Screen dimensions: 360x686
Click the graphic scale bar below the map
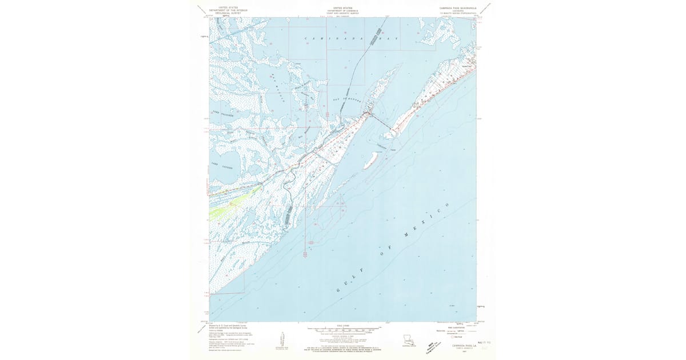[343, 330]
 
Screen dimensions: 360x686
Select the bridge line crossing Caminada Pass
[381, 121]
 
